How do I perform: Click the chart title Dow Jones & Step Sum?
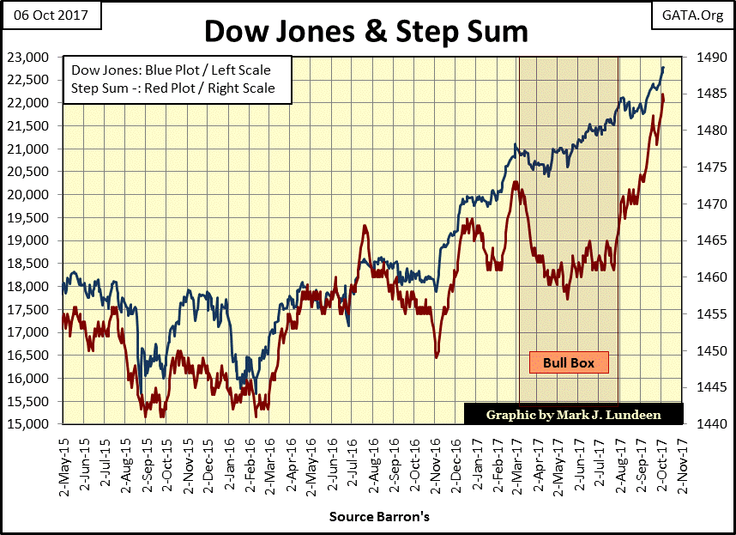(x=366, y=32)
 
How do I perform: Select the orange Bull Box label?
(x=568, y=362)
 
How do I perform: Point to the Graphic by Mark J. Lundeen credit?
(x=574, y=414)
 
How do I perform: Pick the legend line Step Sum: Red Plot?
(x=172, y=88)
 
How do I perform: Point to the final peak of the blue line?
(x=662, y=68)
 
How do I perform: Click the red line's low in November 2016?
(x=437, y=356)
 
